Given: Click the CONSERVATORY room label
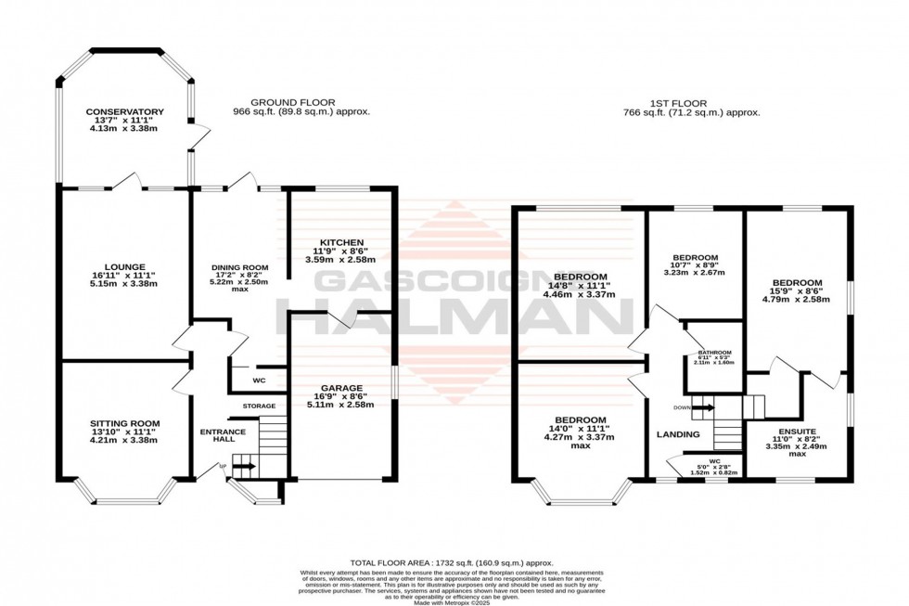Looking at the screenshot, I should point(124,111).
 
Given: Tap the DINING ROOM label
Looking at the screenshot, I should point(238,267).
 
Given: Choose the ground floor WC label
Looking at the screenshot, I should point(261,381).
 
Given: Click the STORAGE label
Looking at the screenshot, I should point(260,406).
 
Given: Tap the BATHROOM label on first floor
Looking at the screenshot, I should point(714,353).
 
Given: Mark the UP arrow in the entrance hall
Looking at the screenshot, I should point(244,468).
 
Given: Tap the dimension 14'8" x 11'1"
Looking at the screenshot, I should point(581,286).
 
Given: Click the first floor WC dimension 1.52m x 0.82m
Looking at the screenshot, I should point(714,473).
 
